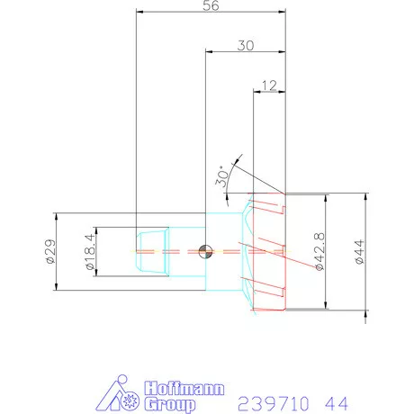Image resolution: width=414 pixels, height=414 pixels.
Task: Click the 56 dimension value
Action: pyautogui.click(x=211, y=5)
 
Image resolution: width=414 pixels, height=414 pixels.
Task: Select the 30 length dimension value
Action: pyautogui.click(x=246, y=46)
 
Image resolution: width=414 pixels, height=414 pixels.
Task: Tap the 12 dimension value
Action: pyautogui.click(x=269, y=85)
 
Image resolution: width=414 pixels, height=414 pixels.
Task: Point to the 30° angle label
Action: pyautogui.click(x=222, y=176)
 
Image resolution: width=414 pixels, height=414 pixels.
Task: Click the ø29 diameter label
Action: pyautogui.click(x=50, y=251)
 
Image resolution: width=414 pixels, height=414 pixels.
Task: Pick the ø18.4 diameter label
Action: pyautogui.click(x=90, y=252)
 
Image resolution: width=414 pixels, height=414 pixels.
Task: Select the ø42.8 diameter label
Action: pyautogui.click(x=319, y=251)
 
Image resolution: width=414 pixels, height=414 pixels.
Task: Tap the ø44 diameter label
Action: pyautogui.click(x=359, y=252)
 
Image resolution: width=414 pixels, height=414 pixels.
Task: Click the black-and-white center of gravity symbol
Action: pyautogui.click(x=206, y=251)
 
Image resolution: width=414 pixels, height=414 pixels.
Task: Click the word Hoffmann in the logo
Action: pyautogui.click(x=184, y=389)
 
